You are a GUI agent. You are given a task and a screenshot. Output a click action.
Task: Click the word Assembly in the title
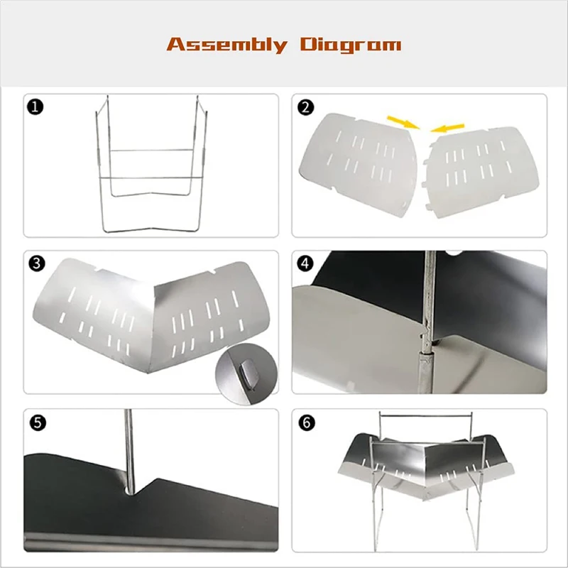coord(226,45)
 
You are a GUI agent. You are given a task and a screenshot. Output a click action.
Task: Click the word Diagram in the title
coord(351,45)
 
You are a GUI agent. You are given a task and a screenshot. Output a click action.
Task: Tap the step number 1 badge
coord(35,107)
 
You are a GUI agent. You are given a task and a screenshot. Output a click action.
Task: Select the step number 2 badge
coord(305,107)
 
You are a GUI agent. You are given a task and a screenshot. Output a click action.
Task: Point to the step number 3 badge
coord(37,263)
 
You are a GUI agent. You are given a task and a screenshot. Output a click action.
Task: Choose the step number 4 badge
coord(305,263)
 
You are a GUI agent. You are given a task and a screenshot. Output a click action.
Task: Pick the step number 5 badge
coord(38,422)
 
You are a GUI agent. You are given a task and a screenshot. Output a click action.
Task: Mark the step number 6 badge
coord(307,422)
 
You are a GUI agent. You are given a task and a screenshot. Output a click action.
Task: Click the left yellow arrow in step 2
coord(403,122)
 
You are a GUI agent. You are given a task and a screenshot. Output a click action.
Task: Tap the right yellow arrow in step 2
coord(447,128)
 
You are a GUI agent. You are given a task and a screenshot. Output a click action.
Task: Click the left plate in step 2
coord(358,165)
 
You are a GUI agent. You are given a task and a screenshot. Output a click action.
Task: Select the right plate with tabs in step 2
coord(480,172)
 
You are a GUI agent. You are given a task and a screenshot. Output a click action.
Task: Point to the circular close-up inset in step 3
coord(246,374)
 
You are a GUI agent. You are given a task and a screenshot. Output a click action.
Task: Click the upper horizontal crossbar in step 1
coord(152,150)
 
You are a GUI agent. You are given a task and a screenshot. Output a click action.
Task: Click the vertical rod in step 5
coord(129,451)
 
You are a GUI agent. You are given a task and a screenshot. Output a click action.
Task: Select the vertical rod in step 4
coord(428,322)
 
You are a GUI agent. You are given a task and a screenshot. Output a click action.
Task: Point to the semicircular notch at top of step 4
coord(454,253)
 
